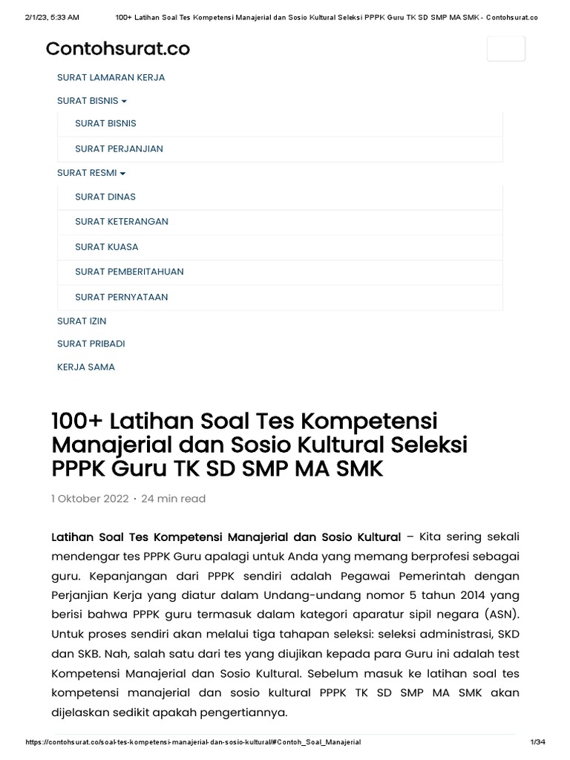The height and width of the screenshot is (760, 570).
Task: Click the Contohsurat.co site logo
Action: (x=117, y=49)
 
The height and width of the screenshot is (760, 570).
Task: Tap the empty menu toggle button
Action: (x=505, y=48)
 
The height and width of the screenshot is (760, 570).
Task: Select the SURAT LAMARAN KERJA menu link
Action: (x=111, y=77)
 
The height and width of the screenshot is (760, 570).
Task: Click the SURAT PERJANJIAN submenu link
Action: (x=119, y=148)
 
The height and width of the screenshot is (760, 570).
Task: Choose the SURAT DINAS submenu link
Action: (x=105, y=197)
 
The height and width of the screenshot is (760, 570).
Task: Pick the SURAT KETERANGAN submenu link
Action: (x=122, y=221)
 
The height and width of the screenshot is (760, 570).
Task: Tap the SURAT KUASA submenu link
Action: (x=107, y=246)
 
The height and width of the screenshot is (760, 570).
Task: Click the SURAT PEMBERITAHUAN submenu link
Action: (x=129, y=272)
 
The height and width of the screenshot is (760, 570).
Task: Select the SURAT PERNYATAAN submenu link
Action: (x=122, y=297)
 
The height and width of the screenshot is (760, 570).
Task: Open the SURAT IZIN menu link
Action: (x=82, y=321)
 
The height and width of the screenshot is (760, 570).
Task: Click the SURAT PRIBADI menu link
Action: (x=91, y=344)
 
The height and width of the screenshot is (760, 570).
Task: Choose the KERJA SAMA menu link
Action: (x=86, y=367)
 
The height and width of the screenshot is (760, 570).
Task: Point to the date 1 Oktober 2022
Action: (x=90, y=499)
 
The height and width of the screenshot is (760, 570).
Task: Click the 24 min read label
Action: (x=173, y=499)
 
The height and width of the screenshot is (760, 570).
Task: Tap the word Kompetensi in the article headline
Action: (x=368, y=421)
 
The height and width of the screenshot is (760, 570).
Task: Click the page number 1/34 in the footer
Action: (x=537, y=742)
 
